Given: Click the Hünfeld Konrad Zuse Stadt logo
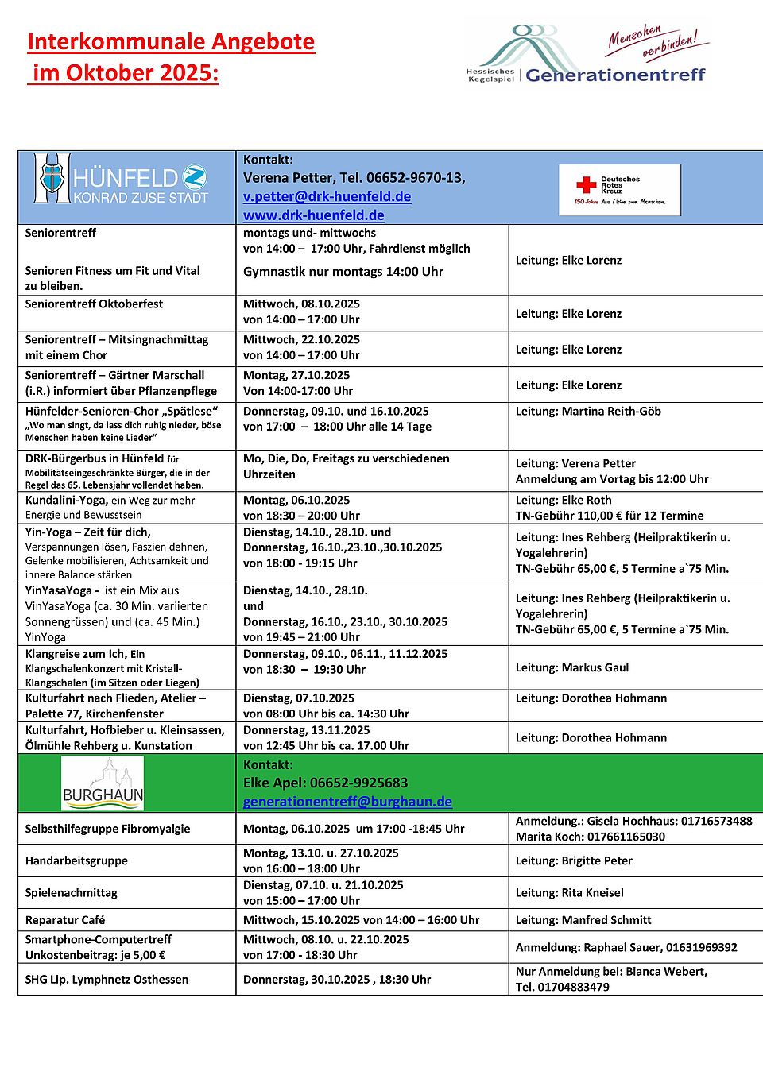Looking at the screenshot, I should (120, 179).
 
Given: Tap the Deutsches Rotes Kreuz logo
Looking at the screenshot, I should (620, 190).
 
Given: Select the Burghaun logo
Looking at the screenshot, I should (103, 783).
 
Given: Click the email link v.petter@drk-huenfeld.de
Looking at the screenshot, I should (327, 196).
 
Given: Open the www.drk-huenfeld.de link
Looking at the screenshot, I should (313, 215).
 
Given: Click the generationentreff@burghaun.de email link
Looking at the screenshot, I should (347, 802).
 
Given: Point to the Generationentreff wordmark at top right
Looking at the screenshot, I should (615, 75).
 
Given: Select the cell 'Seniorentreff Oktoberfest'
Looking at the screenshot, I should (94, 304).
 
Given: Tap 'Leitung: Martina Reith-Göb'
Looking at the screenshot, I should (588, 412).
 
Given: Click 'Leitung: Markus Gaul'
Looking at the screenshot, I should (571, 667).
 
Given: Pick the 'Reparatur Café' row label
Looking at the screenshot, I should (65, 920).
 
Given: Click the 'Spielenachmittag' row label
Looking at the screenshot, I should (71, 893).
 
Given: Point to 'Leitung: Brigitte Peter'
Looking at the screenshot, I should (574, 860).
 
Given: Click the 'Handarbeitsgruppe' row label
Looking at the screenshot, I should (76, 860).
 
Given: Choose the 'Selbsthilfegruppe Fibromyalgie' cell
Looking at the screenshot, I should (107, 829).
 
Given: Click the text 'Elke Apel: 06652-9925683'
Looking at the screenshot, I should (325, 783).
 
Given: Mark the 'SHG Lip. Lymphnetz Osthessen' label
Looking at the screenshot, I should (107, 980).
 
